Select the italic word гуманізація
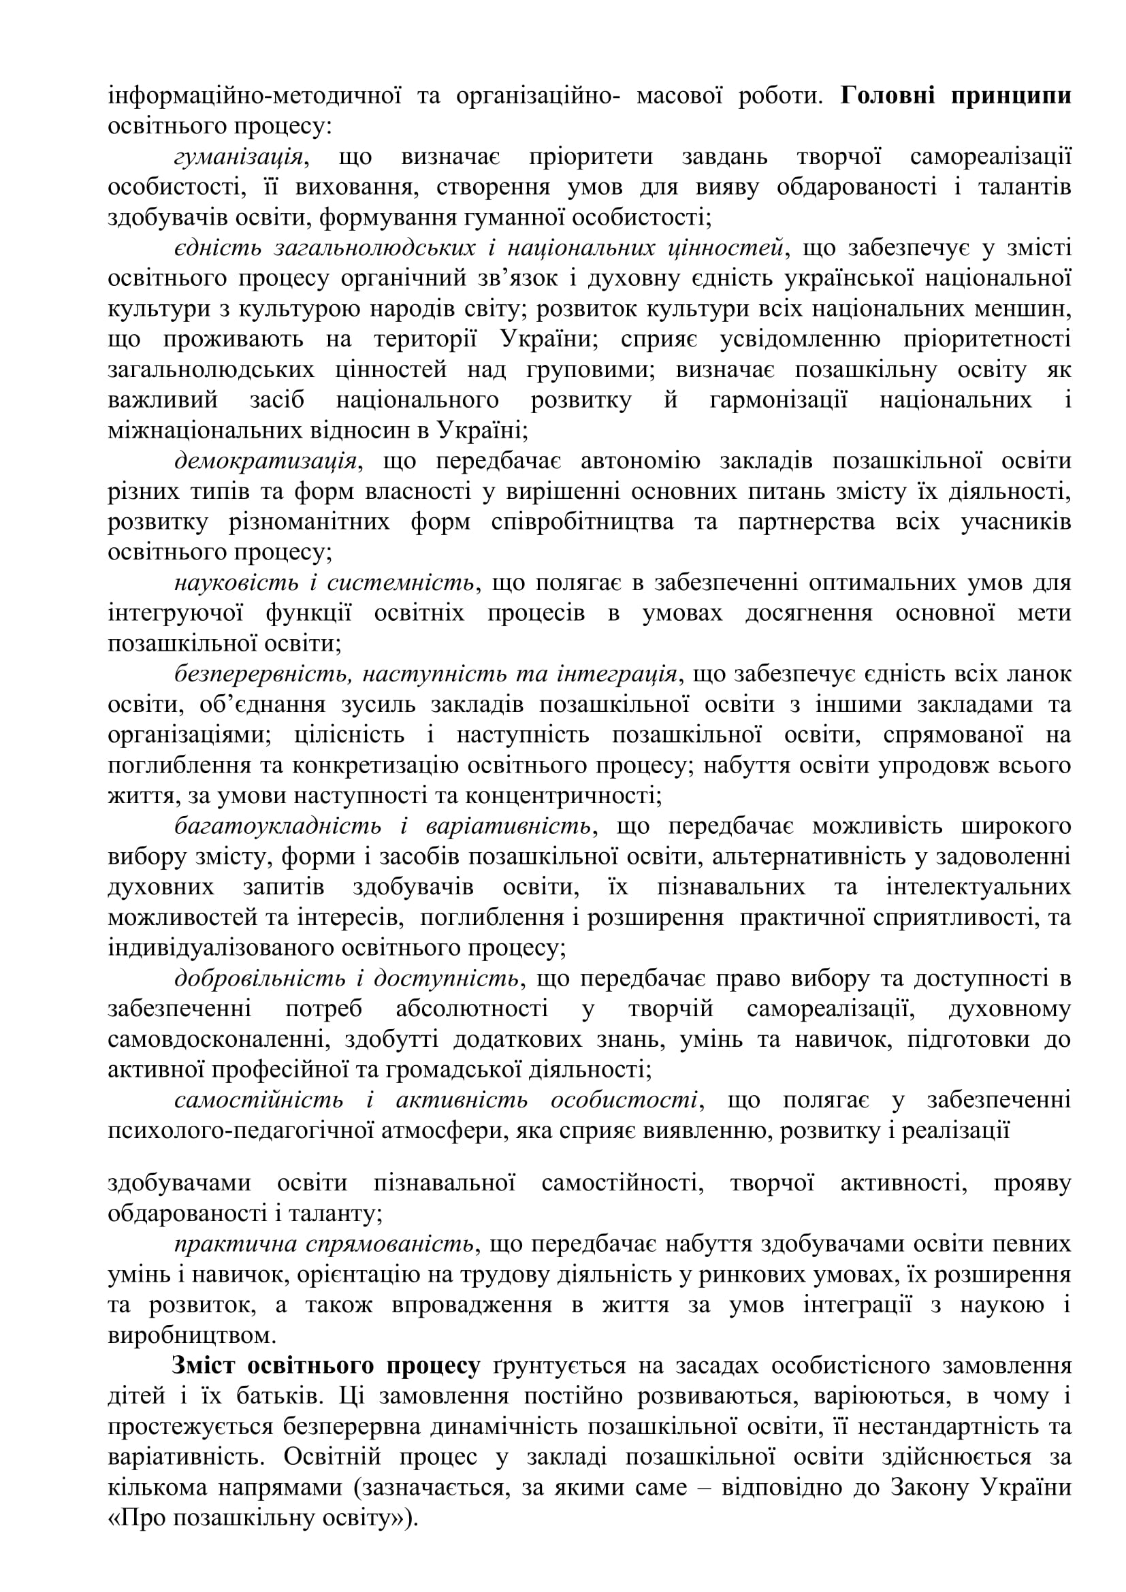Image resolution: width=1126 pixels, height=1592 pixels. pyautogui.click(x=238, y=157)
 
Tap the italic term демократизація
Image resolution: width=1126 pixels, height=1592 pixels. pyautogui.click(x=266, y=461)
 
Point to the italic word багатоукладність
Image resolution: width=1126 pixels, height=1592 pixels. pyautogui.click(x=277, y=826)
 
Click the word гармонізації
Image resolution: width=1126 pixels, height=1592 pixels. pyautogui.click(x=778, y=400)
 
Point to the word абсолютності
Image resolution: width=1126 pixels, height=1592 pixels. pyautogui.click(x=472, y=1009)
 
